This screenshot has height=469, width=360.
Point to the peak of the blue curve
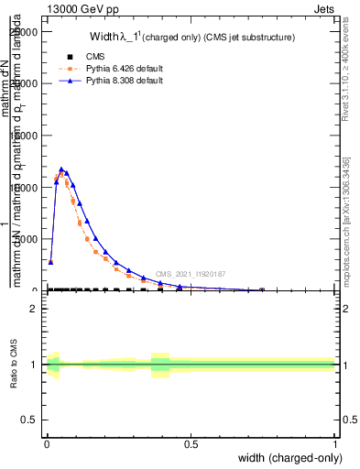pos(61,169)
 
